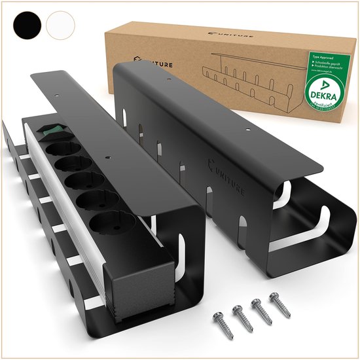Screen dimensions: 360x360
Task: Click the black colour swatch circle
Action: point(27,25)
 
